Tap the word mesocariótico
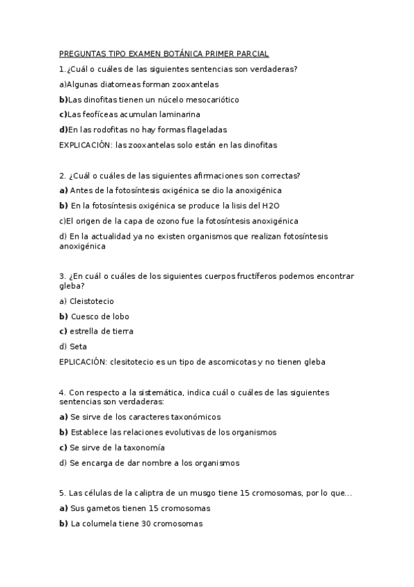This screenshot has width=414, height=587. (209, 100)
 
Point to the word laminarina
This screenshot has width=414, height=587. (182, 115)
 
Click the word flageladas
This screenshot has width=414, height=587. (205, 129)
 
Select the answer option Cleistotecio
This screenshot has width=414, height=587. (92, 301)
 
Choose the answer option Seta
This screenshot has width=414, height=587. (79, 346)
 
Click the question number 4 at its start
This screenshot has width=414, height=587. (62, 392)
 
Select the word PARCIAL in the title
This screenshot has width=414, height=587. (252, 54)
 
